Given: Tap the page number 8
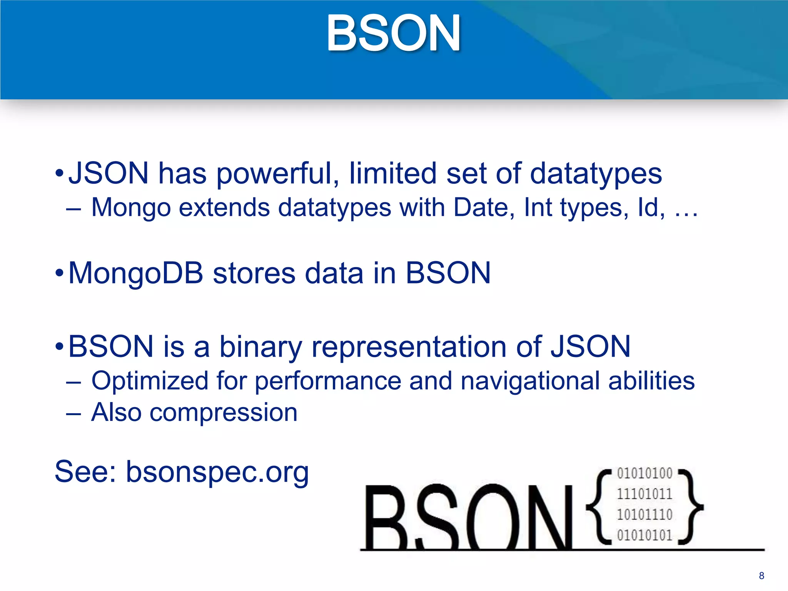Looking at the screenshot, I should coord(761,576).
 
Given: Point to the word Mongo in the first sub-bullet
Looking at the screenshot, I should coord(131,208).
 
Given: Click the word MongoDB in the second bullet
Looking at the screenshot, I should coord(135,273).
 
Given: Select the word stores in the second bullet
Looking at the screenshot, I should coord(254,273).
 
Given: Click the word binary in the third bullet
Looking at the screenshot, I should coord(260,347).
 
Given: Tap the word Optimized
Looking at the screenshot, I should coord(150,381).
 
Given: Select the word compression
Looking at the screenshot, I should coord(223,413).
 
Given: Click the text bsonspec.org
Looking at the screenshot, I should coord(217,472).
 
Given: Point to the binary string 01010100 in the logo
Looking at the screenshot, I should coord(644,473).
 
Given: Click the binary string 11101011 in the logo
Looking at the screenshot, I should coord(644,494).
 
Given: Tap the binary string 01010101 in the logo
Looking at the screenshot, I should coord(644,535).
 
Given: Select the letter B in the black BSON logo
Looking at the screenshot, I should coord(387,518).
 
